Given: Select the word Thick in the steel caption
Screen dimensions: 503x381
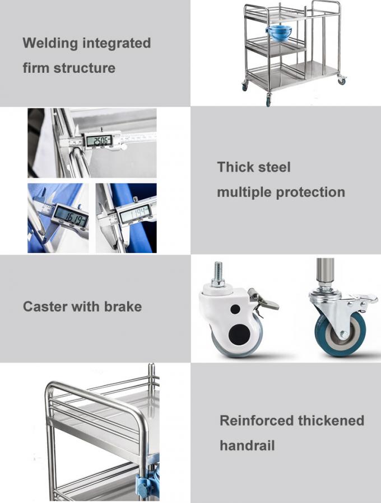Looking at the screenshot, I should tap(234, 167).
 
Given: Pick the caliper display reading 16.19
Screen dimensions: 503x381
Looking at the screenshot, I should tap(71, 215).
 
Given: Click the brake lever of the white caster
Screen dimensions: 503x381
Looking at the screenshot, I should tap(265, 303).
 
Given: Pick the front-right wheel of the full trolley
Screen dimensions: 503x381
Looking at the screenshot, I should tap(341, 81).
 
